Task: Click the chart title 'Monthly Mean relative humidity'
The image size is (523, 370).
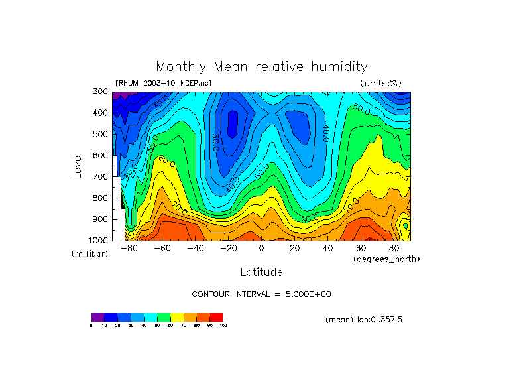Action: [x=261, y=66]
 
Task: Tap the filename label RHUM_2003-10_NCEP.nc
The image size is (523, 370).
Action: [x=163, y=84]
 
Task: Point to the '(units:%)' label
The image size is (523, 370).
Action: [x=380, y=84]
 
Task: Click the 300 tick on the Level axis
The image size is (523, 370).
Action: [x=101, y=92]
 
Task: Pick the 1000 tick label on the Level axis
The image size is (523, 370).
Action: [x=99, y=240]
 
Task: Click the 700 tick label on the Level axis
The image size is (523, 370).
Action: [x=101, y=177]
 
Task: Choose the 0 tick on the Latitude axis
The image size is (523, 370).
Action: [x=261, y=249]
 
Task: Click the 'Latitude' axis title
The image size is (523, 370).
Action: [x=261, y=272]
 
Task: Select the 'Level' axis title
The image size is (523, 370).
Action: [x=78, y=165]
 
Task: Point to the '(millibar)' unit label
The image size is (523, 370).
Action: [x=89, y=254]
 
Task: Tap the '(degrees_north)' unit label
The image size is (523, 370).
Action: [x=387, y=259]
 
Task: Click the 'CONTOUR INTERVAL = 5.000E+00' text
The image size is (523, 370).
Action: [x=261, y=294]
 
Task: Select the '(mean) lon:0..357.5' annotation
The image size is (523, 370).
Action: [x=364, y=320]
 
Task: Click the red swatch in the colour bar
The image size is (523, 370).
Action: [x=216, y=317]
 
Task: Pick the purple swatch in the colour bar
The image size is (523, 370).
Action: [x=97, y=317]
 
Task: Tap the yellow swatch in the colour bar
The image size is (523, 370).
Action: [x=177, y=317]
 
